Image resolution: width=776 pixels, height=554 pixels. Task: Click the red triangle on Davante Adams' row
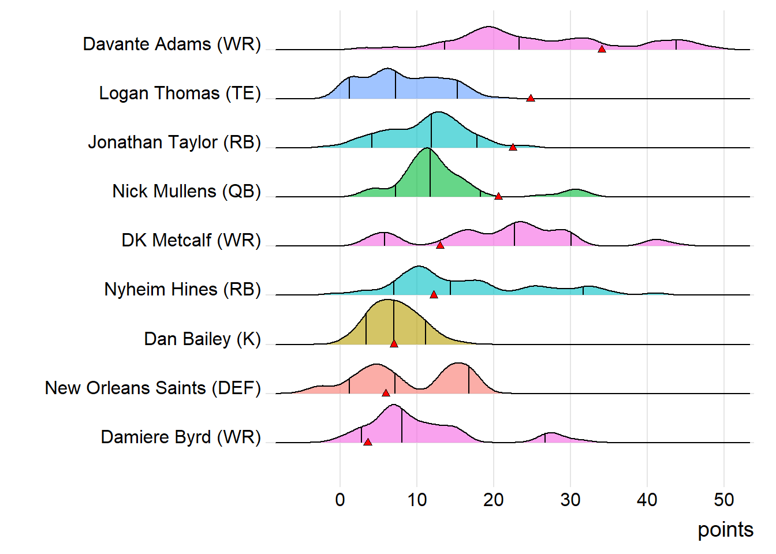[x=602, y=49]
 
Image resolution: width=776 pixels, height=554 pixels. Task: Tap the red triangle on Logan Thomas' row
[x=531, y=98]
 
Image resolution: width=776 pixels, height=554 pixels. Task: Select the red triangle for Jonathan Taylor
[x=513, y=147]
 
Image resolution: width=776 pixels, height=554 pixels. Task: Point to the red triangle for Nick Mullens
[x=498, y=196]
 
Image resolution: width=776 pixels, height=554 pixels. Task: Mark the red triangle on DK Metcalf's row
[x=440, y=245]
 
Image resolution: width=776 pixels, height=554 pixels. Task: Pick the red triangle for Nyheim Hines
[x=434, y=295]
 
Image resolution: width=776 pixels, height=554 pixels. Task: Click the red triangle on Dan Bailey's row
[x=394, y=344]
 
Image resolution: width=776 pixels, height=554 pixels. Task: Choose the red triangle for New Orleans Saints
[x=386, y=393]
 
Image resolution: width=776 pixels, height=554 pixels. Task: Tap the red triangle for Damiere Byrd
[x=368, y=442]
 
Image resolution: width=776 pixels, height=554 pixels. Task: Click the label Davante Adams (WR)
[x=171, y=44]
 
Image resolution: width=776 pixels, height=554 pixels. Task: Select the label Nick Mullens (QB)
[x=186, y=192]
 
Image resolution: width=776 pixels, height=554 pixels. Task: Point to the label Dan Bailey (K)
[x=202, y=339]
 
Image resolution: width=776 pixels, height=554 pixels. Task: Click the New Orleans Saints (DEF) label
[x=152, y=388]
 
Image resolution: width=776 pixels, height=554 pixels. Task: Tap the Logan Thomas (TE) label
[x=180, y=93]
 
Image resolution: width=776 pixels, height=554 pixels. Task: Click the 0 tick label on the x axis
[x=340, y=500]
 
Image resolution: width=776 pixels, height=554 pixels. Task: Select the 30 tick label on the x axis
[x=570, y=500]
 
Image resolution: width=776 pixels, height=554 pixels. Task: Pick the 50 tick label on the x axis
[x=724, y=500]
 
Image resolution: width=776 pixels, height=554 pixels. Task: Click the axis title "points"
[x=725, y=530]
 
